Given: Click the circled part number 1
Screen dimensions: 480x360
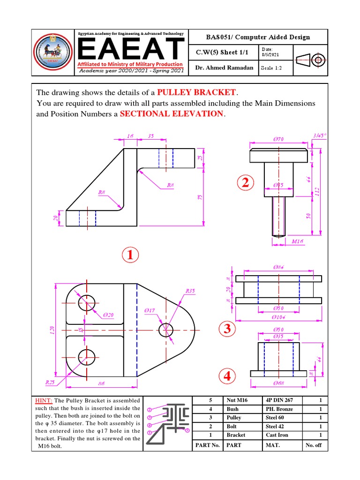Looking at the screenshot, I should tap(131, 256).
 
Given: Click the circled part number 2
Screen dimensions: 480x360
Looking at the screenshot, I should tap(244, 184).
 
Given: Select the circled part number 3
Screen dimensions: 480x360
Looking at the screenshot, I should tap(227, 330).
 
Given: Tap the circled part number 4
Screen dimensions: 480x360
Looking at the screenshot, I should tap(227, 376).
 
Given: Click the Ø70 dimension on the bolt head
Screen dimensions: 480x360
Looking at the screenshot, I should tap(279, 139).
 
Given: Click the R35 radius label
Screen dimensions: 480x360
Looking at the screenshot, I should tap(190, 291).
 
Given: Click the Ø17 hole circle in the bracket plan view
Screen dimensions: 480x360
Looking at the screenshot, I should tap(166, 330).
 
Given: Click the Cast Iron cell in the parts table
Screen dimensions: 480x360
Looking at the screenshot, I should tap(277, 435).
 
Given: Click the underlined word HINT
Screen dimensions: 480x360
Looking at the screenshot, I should tap(44, 400).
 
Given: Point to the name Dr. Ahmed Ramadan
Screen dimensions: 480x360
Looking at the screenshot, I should tap(224, 67).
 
